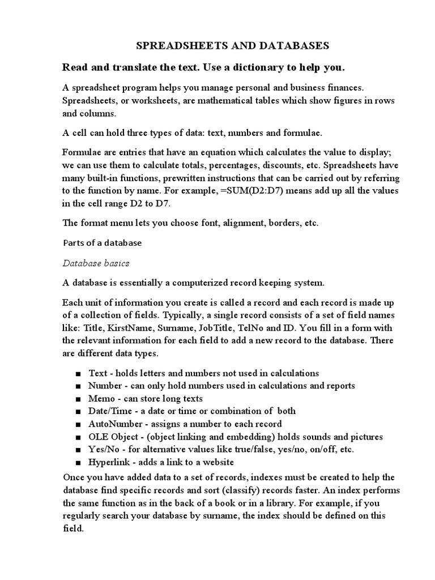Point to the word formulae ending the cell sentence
pyautogui.click(x=300, y=133)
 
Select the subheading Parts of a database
pyautogui.click(x=102, y=243)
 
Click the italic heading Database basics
pyautogui.click(x=96, y=263)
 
